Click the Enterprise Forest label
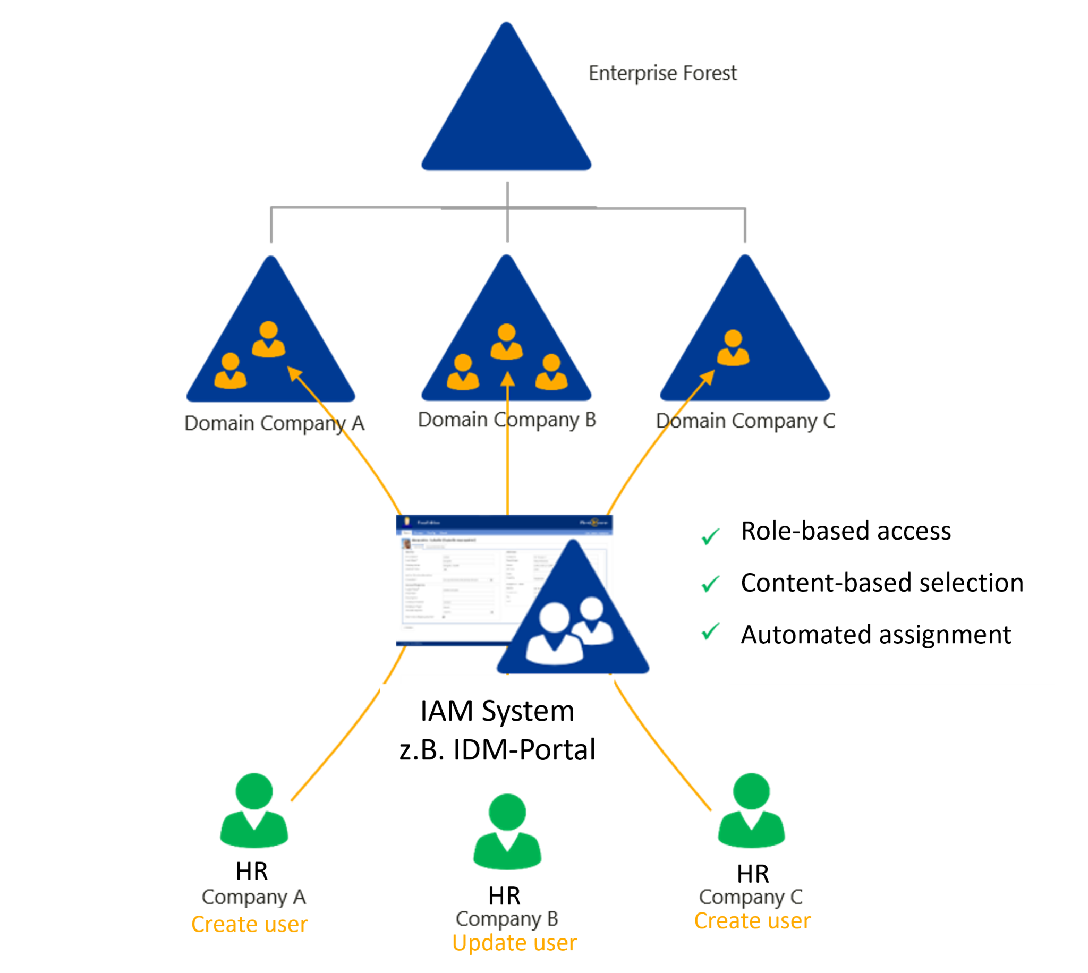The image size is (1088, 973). (x=662, y=73)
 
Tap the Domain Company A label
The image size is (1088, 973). (x=274, y=423)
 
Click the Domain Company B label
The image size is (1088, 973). (x=506, y=420)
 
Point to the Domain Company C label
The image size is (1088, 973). (x=745, y=421)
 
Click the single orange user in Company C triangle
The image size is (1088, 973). (x=733, y=348)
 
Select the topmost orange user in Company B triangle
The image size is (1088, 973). (x=506, y=342)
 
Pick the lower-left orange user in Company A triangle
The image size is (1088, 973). (x=231, y=371)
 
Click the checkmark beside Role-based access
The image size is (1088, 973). (x=710, y=536)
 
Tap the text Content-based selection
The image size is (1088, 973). (x=882, y=583)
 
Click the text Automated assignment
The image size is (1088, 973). (x=875, y=635)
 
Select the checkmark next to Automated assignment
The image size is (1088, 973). (x=710, y=633)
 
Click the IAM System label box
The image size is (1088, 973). (x=497, y=730)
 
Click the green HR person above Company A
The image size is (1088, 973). (x=254, y=810)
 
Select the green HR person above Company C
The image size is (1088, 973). (x=751, y=810)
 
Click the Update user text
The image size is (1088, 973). (x=514, y=943)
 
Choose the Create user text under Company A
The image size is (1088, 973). (x=250, y=924)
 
